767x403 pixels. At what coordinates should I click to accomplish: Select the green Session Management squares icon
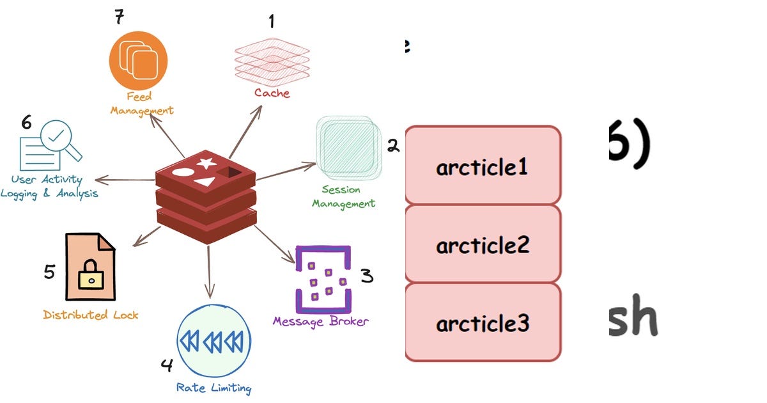[x=346, y=146]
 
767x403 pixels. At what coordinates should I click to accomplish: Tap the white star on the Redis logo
[x=205, y=162]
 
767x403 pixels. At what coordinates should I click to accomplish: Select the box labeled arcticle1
[x=483, y=166]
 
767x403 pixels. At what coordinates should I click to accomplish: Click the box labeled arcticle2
[x=483, y=244]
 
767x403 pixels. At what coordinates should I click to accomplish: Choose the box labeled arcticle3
[x=483, y=323]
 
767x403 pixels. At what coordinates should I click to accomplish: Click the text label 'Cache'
[x=272, y=93]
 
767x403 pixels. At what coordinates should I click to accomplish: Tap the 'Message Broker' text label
[x=320, y=321]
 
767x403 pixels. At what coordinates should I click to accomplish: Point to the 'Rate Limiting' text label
[x=213, y=388]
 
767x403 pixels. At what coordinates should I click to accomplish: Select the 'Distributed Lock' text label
[x=91, y=315]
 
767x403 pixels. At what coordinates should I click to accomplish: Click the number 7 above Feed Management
[x=119, y=16]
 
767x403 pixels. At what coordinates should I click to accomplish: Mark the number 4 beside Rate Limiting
[x=167, y=365]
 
